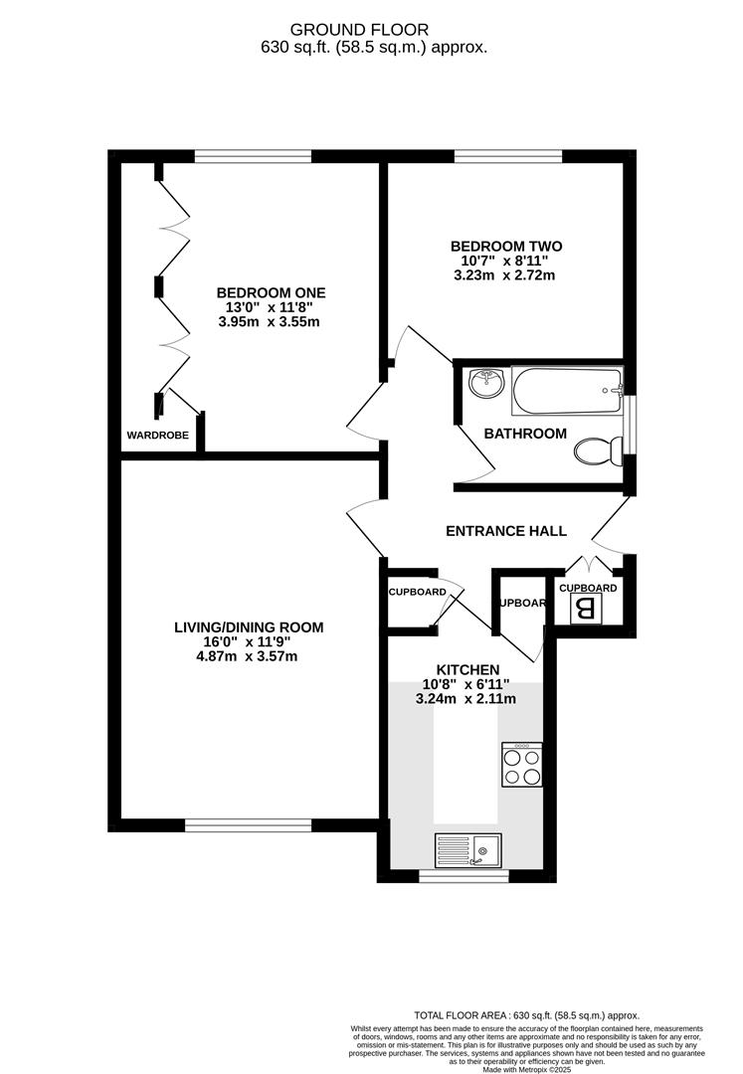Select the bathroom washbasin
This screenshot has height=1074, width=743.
click(x=486, y=383)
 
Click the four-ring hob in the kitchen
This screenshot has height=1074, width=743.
click(x=522, y=766)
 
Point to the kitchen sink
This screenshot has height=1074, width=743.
click(x=468, y=849)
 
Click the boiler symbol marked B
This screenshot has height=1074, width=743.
click(x=587, y=610)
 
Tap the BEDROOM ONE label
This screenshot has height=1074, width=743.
click(x=271, y=292)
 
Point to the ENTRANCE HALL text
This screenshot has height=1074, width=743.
click(x=505, y=531)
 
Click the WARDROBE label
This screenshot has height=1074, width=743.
click(x=157, y=435)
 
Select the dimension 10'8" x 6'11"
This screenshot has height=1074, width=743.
click(x=465, y=684)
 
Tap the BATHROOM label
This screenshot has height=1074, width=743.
click(x=525, y=434)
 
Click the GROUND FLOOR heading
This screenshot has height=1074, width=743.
click(x=372, y=30)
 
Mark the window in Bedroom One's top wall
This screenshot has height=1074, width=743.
click(x=253, y=156)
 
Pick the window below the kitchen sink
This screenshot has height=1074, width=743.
click(x=464, y=876)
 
